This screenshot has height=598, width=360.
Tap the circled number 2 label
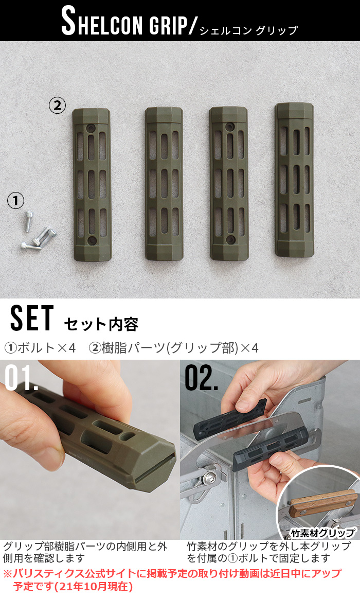[57, 105]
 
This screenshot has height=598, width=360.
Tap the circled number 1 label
[15, 201]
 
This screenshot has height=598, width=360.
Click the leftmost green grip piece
[92, 184]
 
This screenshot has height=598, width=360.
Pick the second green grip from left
[164, 184]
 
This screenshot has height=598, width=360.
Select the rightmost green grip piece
[294, 180]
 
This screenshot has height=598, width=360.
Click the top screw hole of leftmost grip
[92, 127]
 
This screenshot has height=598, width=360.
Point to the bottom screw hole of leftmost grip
[92, 240]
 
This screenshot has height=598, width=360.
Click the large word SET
[31, 320]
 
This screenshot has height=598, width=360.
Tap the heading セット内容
[101, 325]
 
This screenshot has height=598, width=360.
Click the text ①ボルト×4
[40, 348]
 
